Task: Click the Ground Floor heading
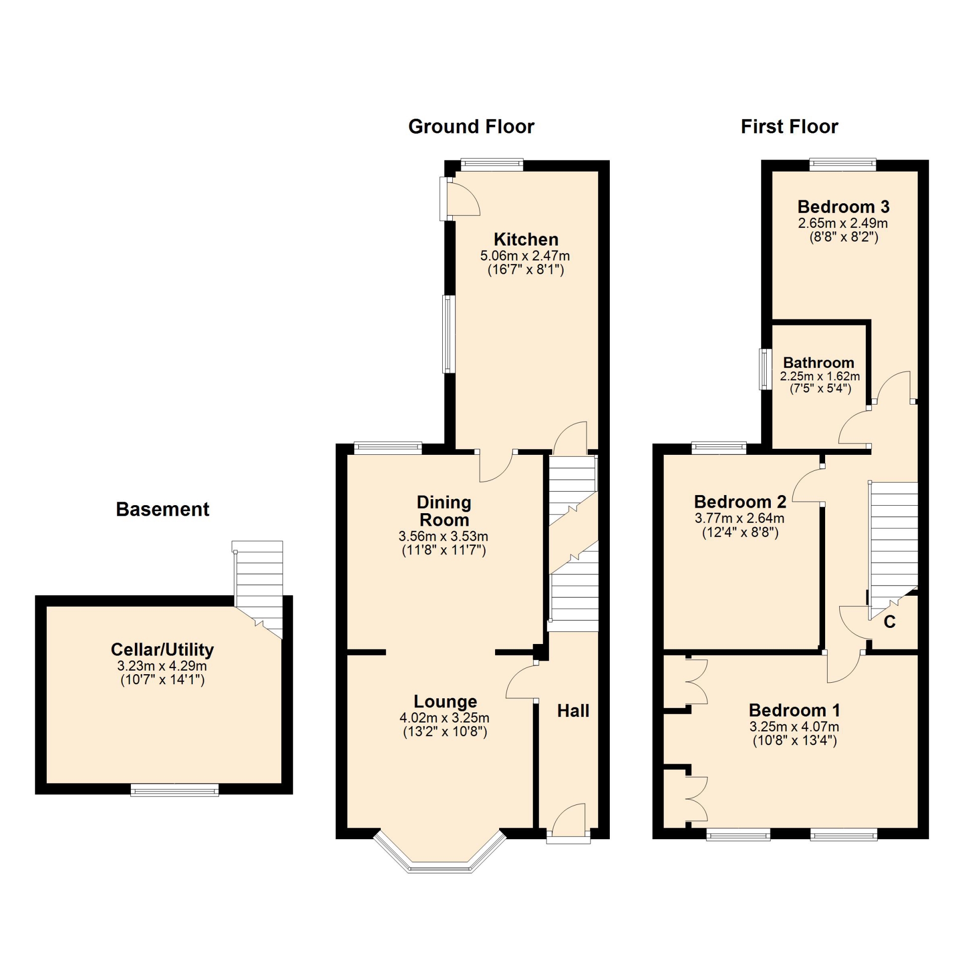pyautogui.click(x=471, y=127)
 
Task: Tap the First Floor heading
pyautogui.click(x=789, y=127)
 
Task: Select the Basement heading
pyautogui.click(x=163, y=509)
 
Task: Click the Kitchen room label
pyautogui.click(x=526, y=239)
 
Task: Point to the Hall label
pyautogui.click(x=573, y=710)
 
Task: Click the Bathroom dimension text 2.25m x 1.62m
pyautogui.click(x=820, y=376)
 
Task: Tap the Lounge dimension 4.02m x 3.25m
pyautogui.click(x=444, y=718)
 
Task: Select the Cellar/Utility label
pyautogui.click(x=162, y=650)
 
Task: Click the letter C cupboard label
pyautogui.click(x=890, y=622)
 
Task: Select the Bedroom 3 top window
pyautogui.click(x=843, y=165)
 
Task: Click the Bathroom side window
pyautogui.click(x=765, y=369)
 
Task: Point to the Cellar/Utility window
pyautogui.click(x=175, y=790)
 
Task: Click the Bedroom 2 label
pyautogui.click(x=740, y=502)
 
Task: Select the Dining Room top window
pyautogui.click(x=387, y=447)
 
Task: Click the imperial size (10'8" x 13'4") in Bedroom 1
pyautogui.click(x=794, y=741)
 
